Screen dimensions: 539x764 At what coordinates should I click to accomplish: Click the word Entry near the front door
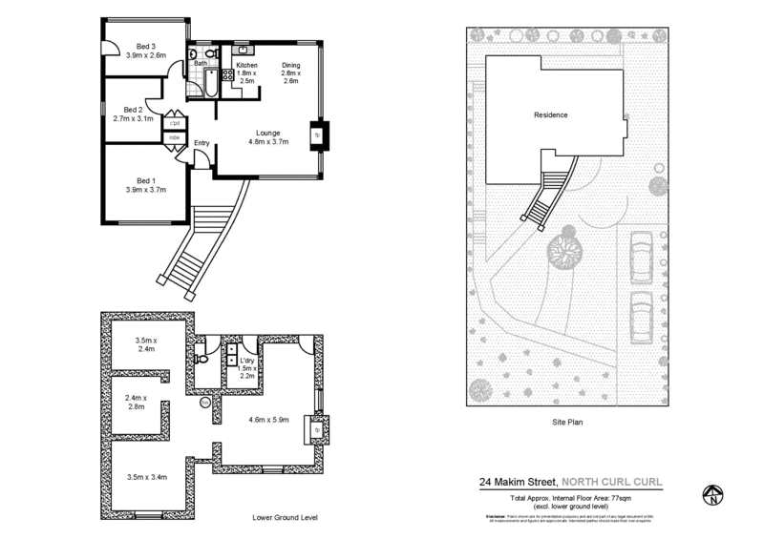tap(202, 143)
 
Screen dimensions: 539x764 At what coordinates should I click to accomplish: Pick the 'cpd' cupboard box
tap(175, 123)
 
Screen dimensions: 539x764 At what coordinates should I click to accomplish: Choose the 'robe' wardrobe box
tap(175, 137)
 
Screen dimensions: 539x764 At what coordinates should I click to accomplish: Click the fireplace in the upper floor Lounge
tap(318, 135)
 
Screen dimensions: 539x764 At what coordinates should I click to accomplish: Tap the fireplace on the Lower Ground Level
tap(316, 429)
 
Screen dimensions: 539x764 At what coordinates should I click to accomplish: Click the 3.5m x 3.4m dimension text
tap(146, 476)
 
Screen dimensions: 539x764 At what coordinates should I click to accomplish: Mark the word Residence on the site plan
tap(550, 115)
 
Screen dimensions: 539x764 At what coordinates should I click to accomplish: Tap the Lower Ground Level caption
tap(284, 517)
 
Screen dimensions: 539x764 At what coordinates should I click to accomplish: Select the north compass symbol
tap(711, 494)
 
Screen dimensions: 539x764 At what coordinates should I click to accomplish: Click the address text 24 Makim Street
tap(519, 483)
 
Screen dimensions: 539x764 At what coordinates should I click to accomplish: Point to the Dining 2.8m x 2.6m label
tap(290, 73)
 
